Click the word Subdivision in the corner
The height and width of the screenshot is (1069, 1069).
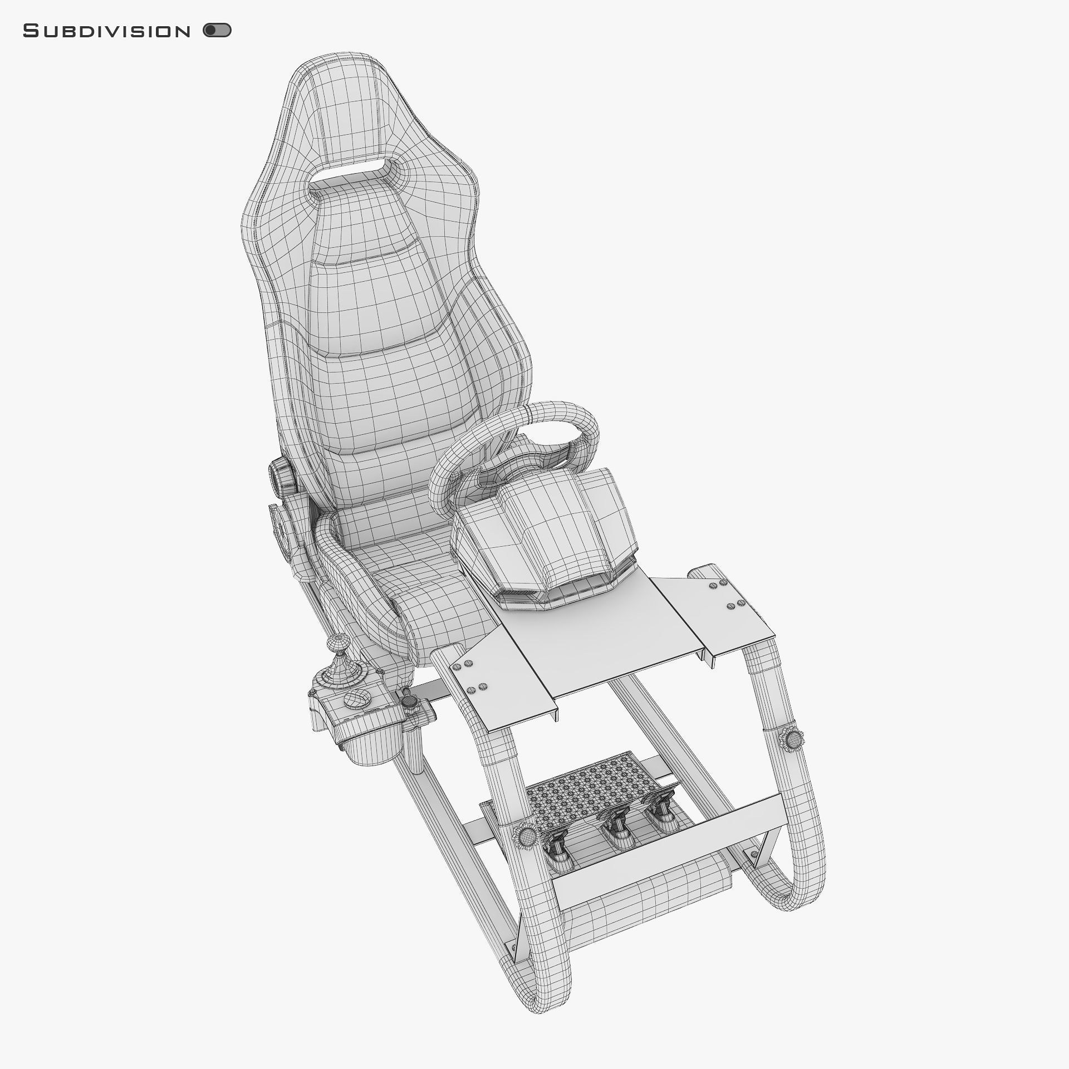[106, 32]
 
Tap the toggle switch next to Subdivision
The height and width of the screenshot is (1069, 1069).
[217, 31]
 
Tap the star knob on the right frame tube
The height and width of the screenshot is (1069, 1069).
[792, 739]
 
